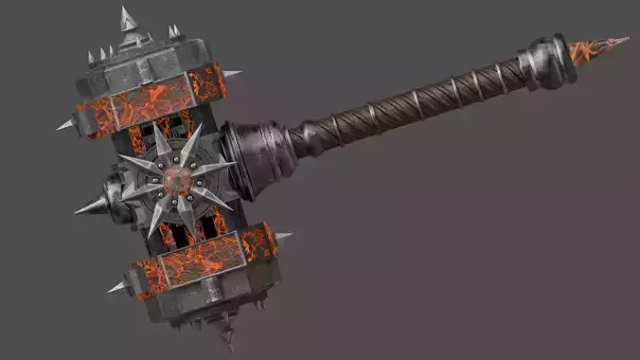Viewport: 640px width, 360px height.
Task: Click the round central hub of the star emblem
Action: tap(177, 180)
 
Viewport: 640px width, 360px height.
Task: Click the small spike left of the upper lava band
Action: tap(65, 124)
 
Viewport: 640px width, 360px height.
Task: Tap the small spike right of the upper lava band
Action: tap(230, 73)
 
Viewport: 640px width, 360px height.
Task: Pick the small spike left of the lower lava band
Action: tap(117, 286)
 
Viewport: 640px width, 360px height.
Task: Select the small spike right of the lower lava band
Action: tap(282, 235)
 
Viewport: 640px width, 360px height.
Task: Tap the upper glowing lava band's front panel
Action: tap(151, 102)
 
